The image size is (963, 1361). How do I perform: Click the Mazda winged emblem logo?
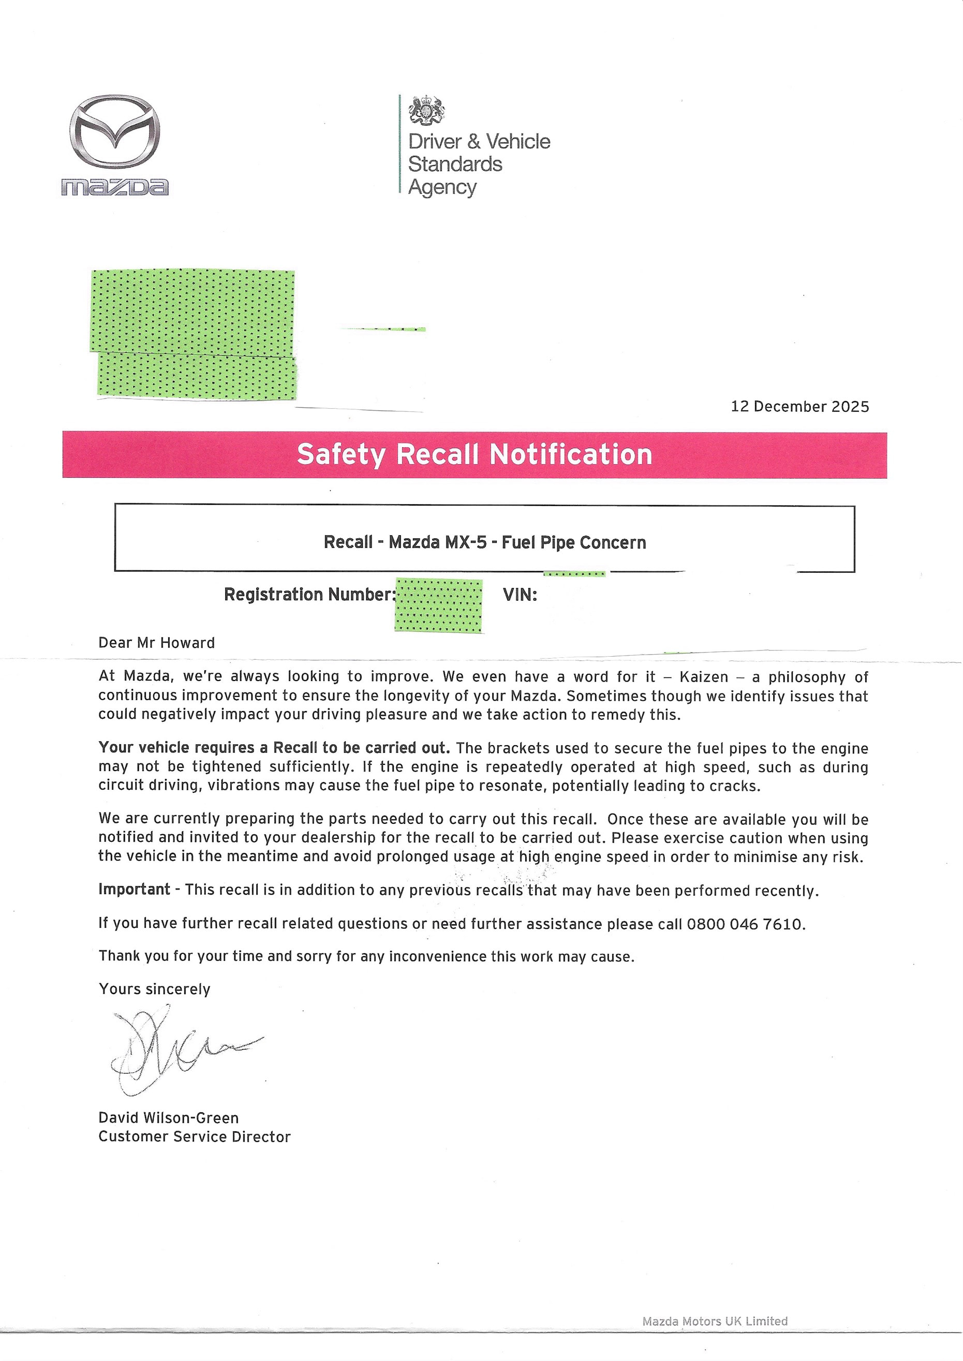(x=114, y=131)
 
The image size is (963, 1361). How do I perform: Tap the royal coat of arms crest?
(x=427, y=110)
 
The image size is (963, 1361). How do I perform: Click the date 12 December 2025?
(x=799, y=406)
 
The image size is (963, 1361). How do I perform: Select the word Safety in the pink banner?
(x=341, y=455)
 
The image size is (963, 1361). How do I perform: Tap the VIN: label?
(x=520, y=594)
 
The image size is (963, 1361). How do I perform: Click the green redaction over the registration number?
(x=438, y=605)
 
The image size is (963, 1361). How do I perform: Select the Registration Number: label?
(x=309, y=594)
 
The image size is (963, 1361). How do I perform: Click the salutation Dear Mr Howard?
(x=157, y=643)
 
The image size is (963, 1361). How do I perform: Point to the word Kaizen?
(x=703, y=677)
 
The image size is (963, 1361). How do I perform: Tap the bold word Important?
(x=134, y=890)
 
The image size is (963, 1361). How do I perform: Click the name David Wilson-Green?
(x=168, y=1118)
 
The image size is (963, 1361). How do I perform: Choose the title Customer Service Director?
(x=195, y=1137)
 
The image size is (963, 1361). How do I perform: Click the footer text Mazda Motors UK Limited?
(x=715, y=1321)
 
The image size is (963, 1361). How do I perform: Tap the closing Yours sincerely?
(x=154, y=989)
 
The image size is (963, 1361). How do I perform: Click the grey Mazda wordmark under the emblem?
(x=114, y=187)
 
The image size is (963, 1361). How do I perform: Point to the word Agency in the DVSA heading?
(x=442, y=187)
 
